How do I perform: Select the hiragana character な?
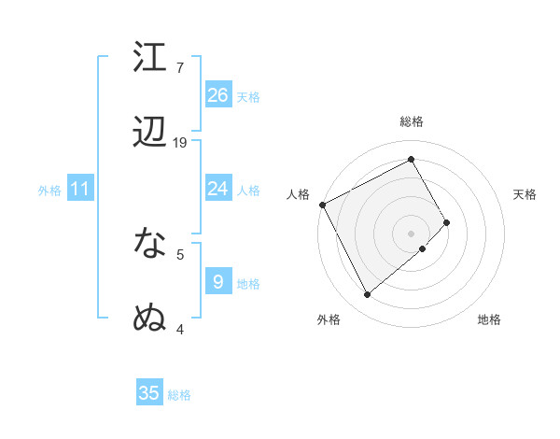pyautogui.click(x=150, y=243)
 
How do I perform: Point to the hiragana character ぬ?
pyautogui.click(x=150, y=318)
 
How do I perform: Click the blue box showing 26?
pyautogui.click(x=218, y=95)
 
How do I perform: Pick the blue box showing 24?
pyautogui.click(x=218, y=189)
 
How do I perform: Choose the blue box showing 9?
pyautogui.click(x=218, y=281)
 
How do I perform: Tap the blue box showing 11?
pyautogui.click(x=80, y=189)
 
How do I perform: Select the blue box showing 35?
pyautogui.click(x=149, y=393)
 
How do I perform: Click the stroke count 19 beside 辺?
pyautogui.click(x=180, y=143)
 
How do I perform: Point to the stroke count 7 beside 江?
pyautogui.click(x=179, y=68)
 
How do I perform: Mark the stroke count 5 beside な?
pyautogui.click(x=179, y=254)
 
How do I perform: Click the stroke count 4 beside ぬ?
pyautogui.click(x=179, y=329)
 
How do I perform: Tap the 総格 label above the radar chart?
pyautogui.click(x=412, y=122)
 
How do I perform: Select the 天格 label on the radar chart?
pyautogui.click(x=525, y=194)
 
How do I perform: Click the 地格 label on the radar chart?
pyautogui.click(x=489, y=320)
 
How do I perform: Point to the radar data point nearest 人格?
pyautogui.click(x=322, y=205)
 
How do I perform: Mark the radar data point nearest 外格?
pyautogui.click(x=367, y=295)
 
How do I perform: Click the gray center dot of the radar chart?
pyautogui.click(x=412, y=233)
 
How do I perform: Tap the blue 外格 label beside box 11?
pyautogui.click(x=49, y=190)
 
